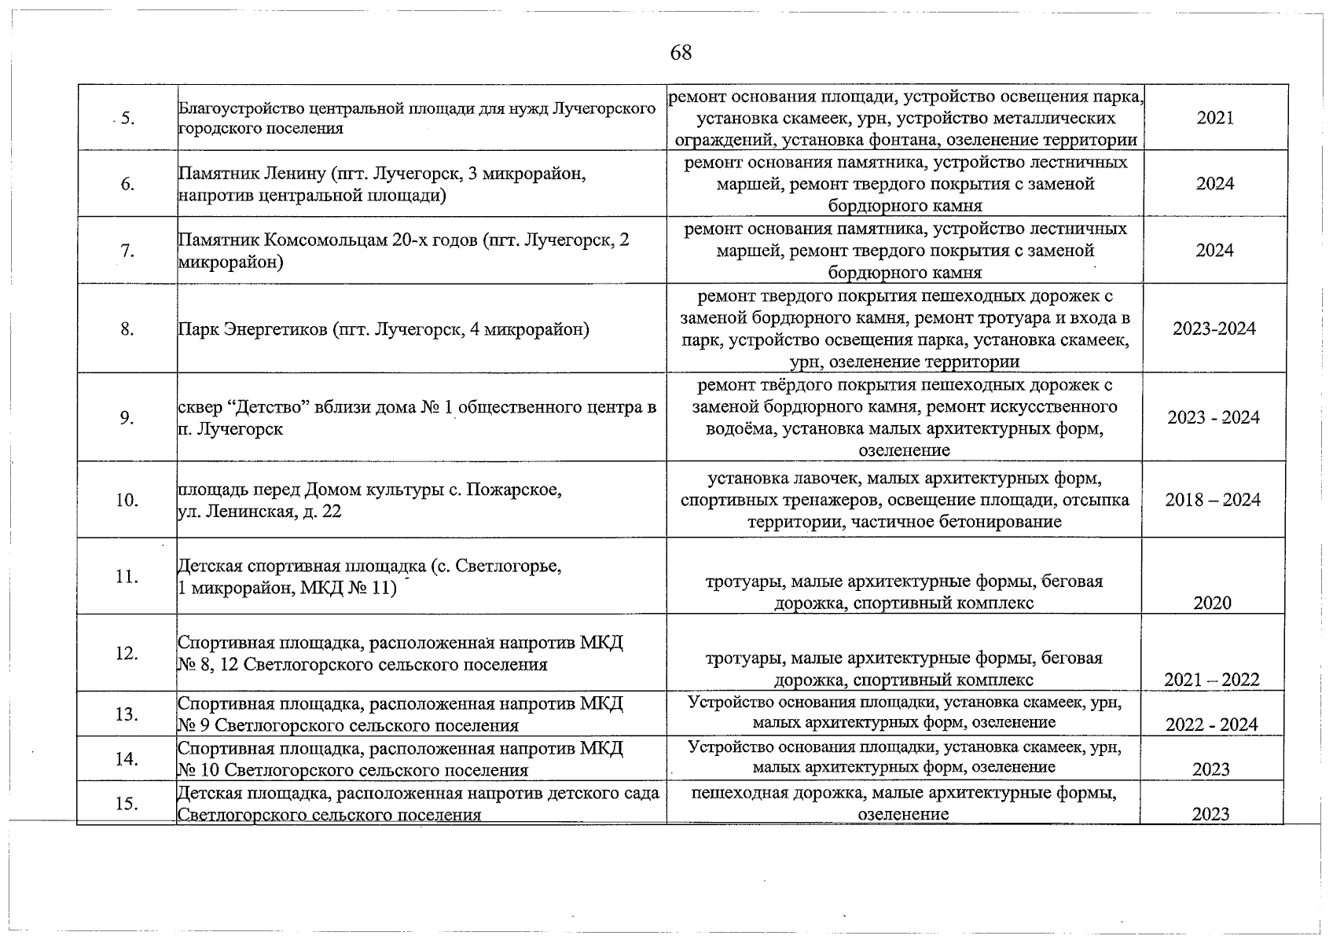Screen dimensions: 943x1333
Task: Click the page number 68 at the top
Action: (681, 53)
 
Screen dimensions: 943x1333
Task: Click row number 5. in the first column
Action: (127, 119)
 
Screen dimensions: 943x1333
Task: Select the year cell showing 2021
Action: (1215, 118)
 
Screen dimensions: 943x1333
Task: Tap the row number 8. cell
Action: (127, 329)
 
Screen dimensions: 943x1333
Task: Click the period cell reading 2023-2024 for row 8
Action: (1214, 328)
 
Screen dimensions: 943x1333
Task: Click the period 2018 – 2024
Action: (1213, 500)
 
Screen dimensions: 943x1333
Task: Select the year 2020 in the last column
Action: (1212, 603)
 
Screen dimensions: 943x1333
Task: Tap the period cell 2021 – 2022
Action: (1212, 680)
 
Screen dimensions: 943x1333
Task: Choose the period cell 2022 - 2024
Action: (1212, 725)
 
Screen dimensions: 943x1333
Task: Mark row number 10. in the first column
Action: (127, 500)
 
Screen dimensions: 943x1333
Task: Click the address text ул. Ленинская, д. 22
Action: (259, 512)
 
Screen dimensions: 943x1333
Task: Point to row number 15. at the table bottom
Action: (127, 803)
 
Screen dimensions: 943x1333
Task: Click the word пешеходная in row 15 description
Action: (740, 793)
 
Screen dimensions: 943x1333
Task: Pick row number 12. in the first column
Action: (127, 653)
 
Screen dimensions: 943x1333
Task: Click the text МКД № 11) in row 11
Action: (349, 588)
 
